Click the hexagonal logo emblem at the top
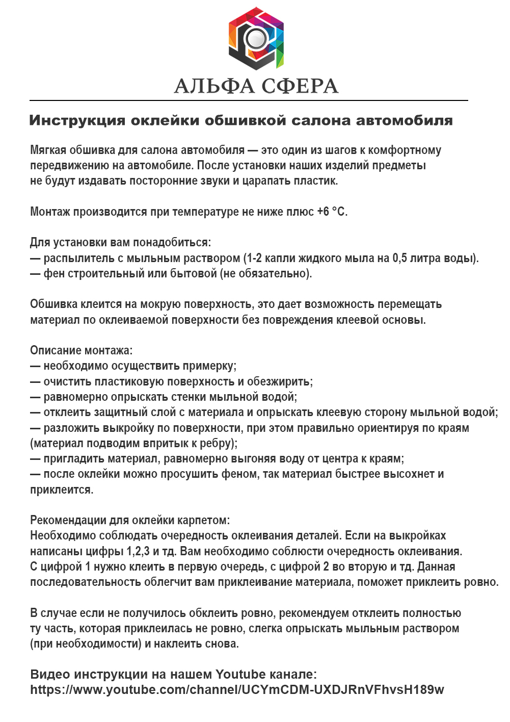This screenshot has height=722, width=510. point(256,39)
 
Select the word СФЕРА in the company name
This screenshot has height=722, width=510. point(299,86)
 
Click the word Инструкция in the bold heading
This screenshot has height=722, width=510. point(77,121)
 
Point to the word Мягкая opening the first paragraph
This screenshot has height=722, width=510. point(48,150)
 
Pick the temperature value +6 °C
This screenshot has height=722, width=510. point(332,212)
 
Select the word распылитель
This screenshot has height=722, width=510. point(79,259)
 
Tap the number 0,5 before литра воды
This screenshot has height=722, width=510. point(399,259)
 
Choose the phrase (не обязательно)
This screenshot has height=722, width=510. point(265,274)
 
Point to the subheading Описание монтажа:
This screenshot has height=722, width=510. point(81,351)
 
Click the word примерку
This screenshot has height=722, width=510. point(209,366)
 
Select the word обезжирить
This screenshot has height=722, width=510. point(279,382)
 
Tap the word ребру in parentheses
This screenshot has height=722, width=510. point(219,444)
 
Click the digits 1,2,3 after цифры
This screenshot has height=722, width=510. point(138,552)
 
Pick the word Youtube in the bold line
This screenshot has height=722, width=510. point(240,675)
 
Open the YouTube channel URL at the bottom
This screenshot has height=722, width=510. point(237,690)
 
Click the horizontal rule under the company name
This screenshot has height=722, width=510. point(249,100)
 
